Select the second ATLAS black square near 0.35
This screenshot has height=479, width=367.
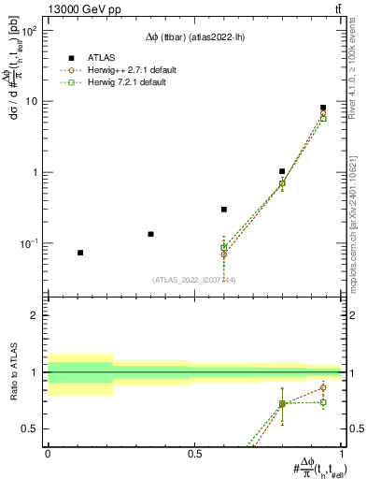(x=150, y=234)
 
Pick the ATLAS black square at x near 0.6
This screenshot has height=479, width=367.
(x=224, y=210)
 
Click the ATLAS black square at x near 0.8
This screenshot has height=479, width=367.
(x=282, y=171)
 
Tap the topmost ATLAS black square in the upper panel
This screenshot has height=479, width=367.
(x=323, y=108)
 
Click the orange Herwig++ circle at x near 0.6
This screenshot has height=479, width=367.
(x=224, y=254)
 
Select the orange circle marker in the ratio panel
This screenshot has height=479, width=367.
(x=323, y=387)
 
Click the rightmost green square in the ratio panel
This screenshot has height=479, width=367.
(x=323, y=402)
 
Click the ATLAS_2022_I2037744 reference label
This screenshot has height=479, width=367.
(x=193, y=280)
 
